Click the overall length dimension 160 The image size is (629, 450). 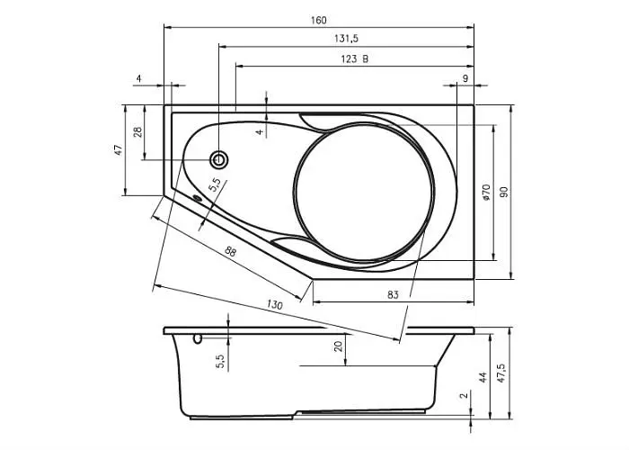(x=318, y=20)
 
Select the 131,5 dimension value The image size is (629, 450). (x=346, y=39)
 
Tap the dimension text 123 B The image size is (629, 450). (x=355, y=59)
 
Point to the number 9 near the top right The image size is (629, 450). (x=465, y=78)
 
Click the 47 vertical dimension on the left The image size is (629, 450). (x=118, y=150)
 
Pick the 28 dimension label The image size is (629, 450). (x=137, y=132)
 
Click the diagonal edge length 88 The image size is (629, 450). (x=230, y=252)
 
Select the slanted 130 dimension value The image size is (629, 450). (x=275, y=304)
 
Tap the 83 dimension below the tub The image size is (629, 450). (x=394, y=295)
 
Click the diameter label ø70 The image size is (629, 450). (x=486, y=193)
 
